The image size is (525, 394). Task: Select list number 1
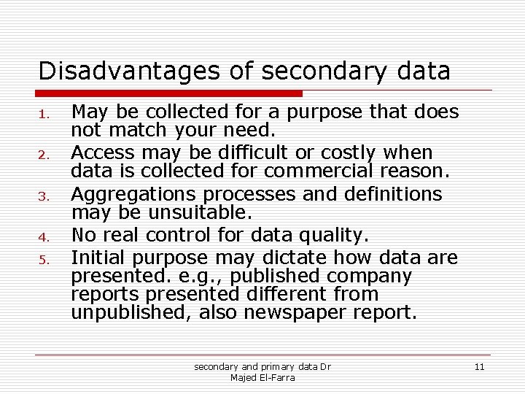point(44,114)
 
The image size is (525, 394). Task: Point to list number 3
point(44,196)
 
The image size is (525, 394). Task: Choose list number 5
point(44,260)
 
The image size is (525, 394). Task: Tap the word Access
point(103,152)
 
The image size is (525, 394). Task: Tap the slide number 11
point(479,366)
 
